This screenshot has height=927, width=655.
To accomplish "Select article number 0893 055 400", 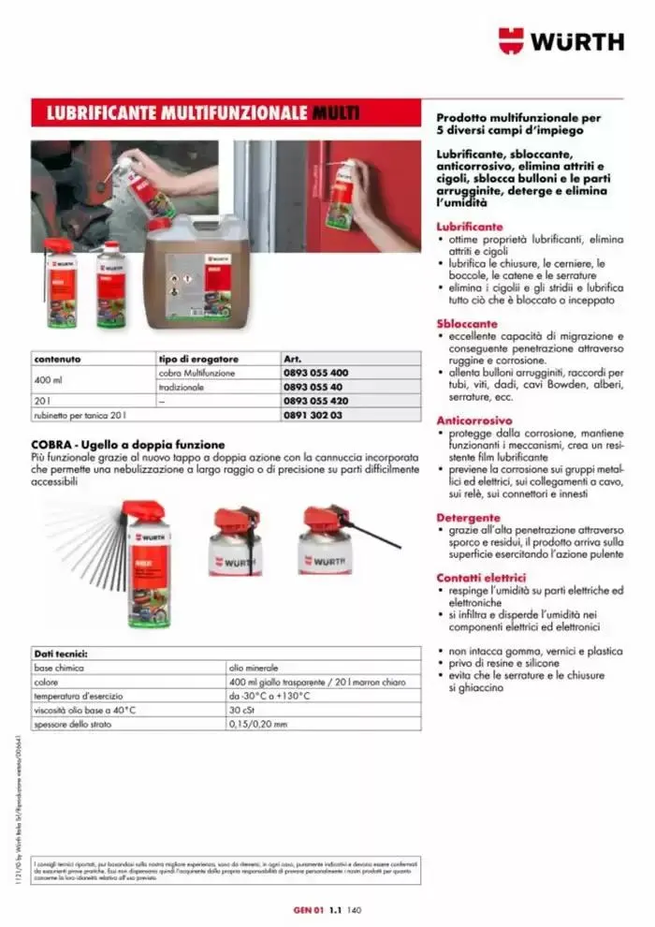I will click(314, 373).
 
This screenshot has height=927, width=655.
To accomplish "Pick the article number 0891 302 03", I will click(313, 415).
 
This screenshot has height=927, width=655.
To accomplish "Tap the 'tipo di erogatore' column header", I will click(197, 359).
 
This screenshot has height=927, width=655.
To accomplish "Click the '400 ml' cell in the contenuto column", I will click(48, 380).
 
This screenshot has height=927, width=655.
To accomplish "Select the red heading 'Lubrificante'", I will click(469, 228).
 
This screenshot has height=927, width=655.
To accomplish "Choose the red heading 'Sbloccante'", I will click(467, 324).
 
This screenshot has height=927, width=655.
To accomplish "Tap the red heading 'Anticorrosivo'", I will click(473, 421).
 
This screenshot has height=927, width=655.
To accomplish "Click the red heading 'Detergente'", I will click(468, 518).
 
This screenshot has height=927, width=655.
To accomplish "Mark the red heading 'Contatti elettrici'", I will click(481, 578).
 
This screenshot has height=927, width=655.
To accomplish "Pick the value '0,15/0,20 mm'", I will click(257, 725).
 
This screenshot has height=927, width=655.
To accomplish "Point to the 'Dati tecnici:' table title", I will click(61, 654).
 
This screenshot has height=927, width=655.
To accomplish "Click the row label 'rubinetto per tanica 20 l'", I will click(79, 415).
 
